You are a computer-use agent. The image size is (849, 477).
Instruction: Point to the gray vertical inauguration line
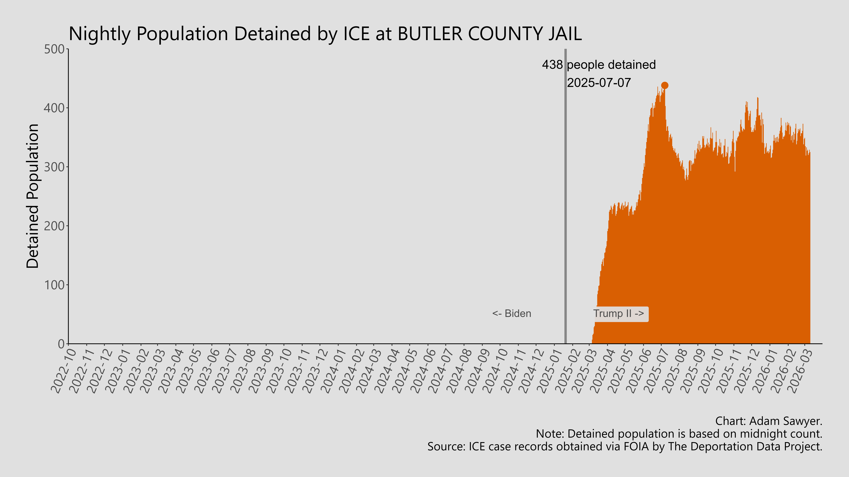coord(566,198)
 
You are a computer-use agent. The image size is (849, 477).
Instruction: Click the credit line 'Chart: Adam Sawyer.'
coord(769,421)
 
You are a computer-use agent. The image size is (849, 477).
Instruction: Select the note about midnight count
coord(679,434)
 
